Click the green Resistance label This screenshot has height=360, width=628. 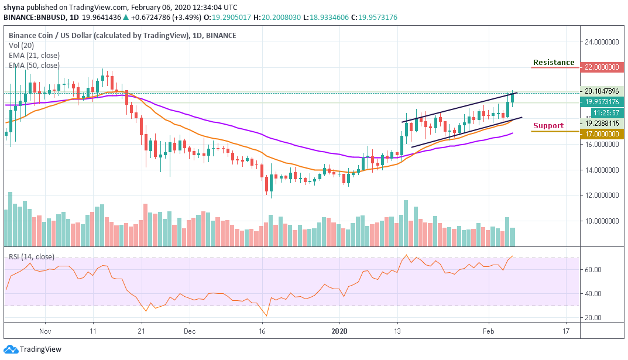click(x=553, y=63)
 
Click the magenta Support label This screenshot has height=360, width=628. click(x=548, y=125)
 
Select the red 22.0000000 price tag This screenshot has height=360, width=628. click(x=602, y=67)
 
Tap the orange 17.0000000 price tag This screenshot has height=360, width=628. click(x=602, y=134)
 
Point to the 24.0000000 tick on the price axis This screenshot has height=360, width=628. click(x=602, y=42)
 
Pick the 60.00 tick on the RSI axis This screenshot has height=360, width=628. click(x=593, y=270)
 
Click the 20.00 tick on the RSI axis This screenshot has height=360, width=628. click(x=593, y=318)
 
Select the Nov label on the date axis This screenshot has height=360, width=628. click(x=44, y=331)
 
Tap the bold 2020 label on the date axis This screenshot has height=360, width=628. click(x=339, y=331)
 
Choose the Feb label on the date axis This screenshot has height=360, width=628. click(x=488, y=331)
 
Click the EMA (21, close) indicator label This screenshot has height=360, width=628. click(x=34, y=55)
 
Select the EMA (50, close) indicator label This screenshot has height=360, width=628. click(x=34, y=65)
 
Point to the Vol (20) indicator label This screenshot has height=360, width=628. click(x=22, y=45)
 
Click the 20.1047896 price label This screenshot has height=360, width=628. click(x=602, y=91)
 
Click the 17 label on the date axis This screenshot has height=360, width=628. click(x=566, y=331)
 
